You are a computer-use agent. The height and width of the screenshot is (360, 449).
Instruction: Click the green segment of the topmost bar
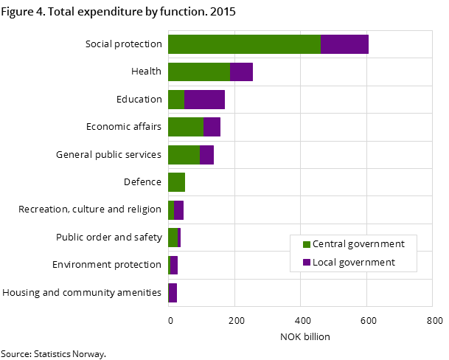244,44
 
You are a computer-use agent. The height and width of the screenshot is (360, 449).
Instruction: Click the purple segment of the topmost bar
344,44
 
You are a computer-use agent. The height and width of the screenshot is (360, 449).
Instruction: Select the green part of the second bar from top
199,72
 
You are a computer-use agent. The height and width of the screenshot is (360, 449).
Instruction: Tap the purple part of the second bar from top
241,72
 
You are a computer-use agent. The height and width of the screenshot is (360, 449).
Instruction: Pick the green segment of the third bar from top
176,100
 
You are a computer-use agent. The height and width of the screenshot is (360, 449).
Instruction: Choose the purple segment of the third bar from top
204,100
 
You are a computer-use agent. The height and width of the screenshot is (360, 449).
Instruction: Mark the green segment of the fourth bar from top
186,127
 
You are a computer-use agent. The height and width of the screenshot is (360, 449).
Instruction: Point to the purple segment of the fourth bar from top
212,127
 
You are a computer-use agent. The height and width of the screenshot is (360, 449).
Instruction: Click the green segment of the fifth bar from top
184,155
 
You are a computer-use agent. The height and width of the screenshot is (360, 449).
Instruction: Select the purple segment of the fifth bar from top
206,155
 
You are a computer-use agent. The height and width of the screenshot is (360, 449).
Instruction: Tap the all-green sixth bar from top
176,182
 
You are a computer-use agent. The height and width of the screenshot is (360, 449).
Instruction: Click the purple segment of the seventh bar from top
178,210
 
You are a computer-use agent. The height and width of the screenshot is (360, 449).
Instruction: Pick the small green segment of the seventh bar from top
171,210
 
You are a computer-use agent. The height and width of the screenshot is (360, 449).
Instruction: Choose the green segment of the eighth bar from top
173,238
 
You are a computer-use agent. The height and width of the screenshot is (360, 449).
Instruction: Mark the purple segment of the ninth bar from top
174,266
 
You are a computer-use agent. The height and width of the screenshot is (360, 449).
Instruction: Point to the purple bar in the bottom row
173,293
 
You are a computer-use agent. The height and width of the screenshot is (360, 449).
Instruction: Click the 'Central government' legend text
358,244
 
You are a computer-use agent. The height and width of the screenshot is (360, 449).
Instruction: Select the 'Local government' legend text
354,263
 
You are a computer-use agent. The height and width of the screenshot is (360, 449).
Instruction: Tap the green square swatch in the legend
307,244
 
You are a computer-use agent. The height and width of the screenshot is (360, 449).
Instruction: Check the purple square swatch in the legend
307,263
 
